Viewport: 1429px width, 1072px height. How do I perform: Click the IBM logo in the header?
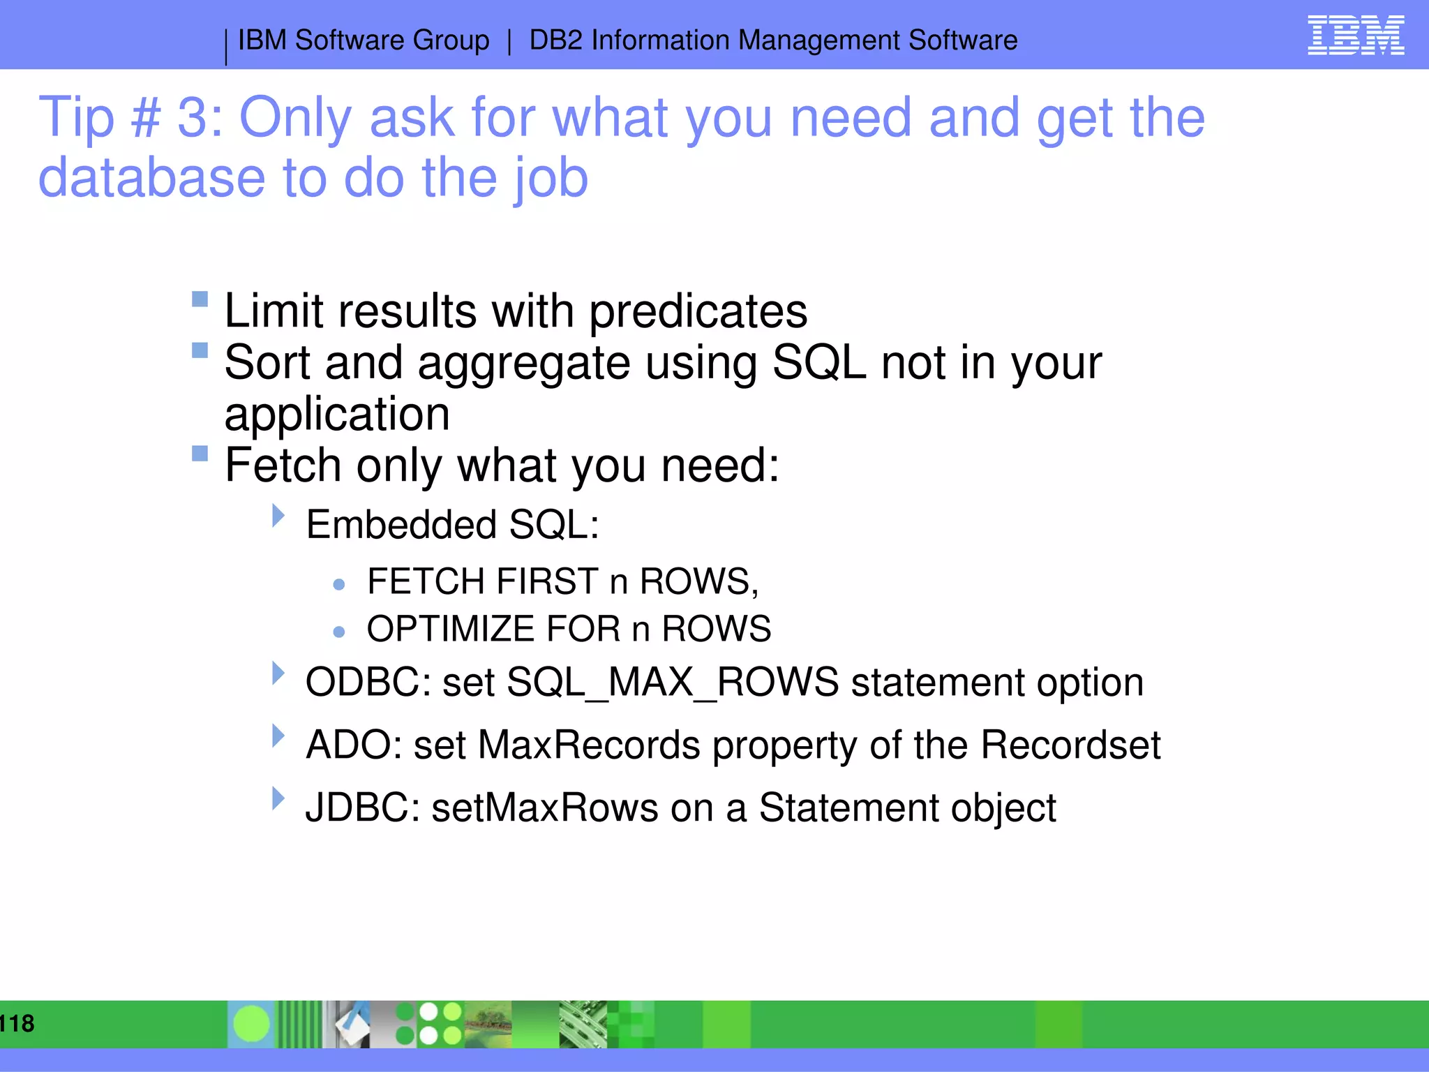click(1355, 35)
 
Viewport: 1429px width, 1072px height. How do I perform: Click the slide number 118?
click(17, 1023)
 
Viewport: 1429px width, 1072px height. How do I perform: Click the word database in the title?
click(151, 178)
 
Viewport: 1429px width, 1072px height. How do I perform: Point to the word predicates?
click(698, 311)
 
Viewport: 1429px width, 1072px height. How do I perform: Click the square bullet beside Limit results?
click(200, 299)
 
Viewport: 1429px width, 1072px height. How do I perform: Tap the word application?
click(337, 415)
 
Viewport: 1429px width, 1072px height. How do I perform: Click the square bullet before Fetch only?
click(200, 454)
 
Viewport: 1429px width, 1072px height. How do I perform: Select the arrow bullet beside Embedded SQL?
click(278, 516)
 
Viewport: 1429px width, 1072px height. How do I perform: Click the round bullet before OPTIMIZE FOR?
click(339, 632)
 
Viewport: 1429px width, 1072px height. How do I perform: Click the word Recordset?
click(1070, 745)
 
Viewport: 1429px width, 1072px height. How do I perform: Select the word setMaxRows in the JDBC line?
click(545, 808)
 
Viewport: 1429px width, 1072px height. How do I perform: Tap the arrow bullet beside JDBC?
click(278, 798)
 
